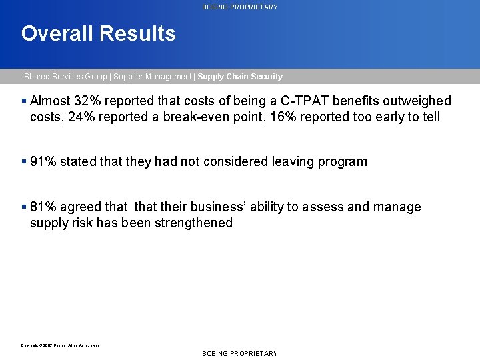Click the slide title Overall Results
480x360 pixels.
pos(98,33)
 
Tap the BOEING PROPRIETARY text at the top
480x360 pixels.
pos(240,7)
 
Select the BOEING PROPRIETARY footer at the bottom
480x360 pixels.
pos(240,353)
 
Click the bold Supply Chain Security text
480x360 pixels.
pos(240,77)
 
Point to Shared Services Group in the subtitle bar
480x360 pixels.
pos(65,77)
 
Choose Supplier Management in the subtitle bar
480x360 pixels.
pos(152,77)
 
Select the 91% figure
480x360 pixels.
pos(43,162)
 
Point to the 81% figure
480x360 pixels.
pos(43,207)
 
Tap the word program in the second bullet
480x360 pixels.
pos(342,162)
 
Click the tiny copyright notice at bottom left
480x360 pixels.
pos(61,345)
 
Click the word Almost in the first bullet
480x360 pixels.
pos(49,101)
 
